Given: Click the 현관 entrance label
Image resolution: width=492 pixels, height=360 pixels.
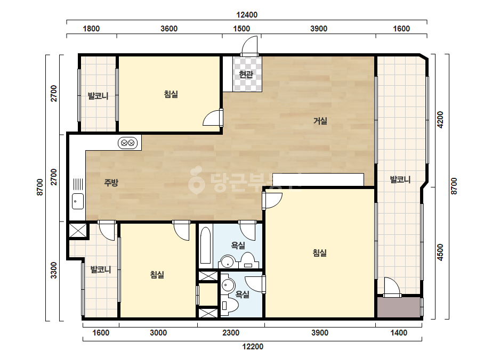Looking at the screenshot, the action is (246, 75).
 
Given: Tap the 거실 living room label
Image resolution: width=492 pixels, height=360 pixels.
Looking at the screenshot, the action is (320, 121).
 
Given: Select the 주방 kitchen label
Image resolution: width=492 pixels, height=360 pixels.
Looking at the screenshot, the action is (111, 183).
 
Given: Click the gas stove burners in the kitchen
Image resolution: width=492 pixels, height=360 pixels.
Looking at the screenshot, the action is (128, 143).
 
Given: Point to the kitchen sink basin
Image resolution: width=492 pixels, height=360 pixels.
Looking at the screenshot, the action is (78, 201).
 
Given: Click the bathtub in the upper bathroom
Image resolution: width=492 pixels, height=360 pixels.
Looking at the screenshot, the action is (206, 245).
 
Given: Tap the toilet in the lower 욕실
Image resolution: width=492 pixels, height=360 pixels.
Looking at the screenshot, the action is (229, 306).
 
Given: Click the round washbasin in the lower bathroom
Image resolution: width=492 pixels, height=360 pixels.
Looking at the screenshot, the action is (228, 285).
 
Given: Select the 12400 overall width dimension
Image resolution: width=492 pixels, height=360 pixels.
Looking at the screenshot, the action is (247, 15).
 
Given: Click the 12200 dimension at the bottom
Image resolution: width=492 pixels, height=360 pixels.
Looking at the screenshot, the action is (253, 347).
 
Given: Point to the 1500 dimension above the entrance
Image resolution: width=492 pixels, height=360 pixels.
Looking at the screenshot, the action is (241, 29).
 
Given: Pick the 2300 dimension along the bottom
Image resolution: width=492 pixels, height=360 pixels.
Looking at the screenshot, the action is (231, 333).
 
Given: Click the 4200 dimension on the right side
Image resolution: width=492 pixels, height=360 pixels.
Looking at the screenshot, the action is (440, 119).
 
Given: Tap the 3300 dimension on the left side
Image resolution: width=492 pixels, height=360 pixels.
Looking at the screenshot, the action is (54, 270).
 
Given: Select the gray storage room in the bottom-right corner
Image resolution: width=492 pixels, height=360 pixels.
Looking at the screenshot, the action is (399, 307).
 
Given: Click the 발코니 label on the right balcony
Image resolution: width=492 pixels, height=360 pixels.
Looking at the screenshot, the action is (400, 179).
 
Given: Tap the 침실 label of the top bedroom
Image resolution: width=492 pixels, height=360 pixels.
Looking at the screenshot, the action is (171, 94).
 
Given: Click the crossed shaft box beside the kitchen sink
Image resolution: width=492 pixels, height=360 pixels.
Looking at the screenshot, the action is (77, 230).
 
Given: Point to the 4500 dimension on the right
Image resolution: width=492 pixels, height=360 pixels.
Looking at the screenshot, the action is (440, 252).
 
